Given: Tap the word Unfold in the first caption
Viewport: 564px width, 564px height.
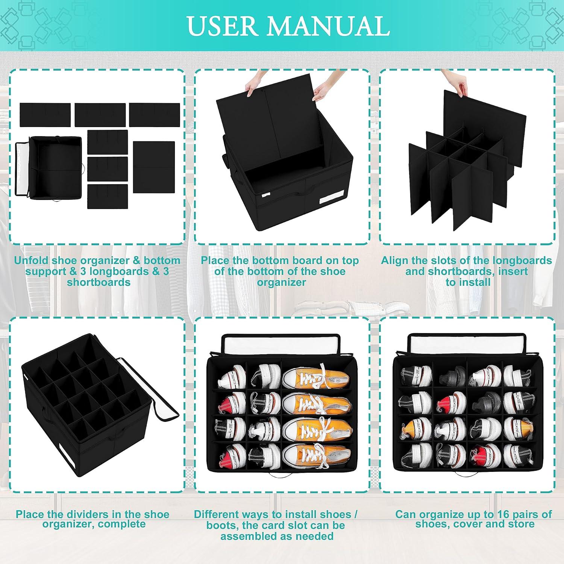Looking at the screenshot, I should pyautogui.click(x=32, y=260).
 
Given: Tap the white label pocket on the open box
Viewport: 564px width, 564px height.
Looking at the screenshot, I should pyautogui.click(x=331, y=200).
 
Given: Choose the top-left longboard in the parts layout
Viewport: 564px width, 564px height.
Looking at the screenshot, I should pyautogui.click(x=45, y=114).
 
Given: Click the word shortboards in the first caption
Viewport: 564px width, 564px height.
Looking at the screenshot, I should pyautogui.click(x=99, y=282).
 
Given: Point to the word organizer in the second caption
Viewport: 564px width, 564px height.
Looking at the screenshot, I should pyautogui.click(x=281, y=282).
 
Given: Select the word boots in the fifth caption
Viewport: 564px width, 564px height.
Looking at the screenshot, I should pyautogui.click(x=222, y=525).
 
